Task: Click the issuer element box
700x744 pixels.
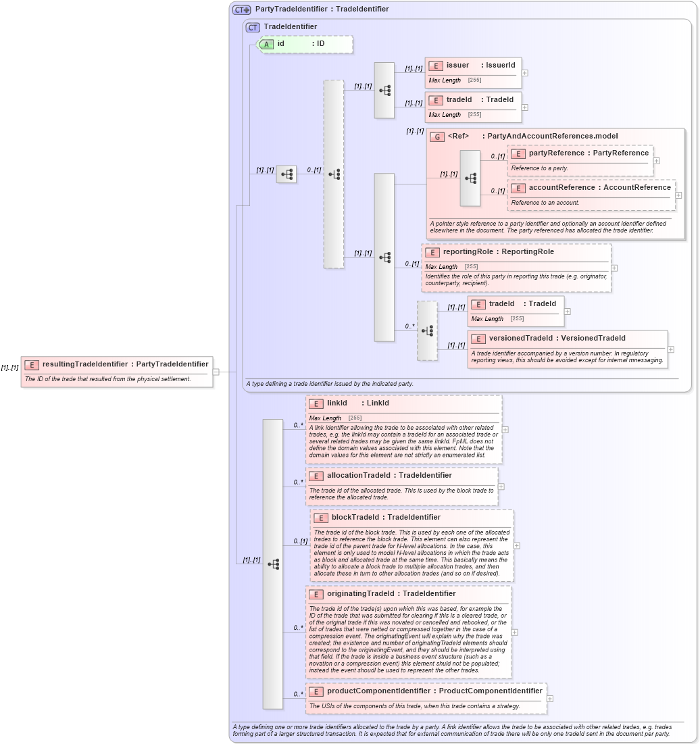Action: point(473,66)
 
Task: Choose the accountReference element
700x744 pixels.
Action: point(591,187)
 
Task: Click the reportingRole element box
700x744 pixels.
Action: point(516,252)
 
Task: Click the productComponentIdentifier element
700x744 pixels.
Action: point(426,691)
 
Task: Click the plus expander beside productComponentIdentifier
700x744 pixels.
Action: point(550,699)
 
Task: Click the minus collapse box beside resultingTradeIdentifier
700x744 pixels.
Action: point(216,371)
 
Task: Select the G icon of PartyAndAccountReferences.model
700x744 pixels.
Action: point(436,137)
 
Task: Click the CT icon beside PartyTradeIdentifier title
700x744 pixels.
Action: point(241,9)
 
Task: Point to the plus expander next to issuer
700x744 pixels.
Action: point(525,72)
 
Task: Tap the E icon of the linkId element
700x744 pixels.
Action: point(316,404)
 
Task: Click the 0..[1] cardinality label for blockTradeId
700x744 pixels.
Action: point(301,541)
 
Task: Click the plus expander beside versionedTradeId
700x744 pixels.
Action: point(671,349)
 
